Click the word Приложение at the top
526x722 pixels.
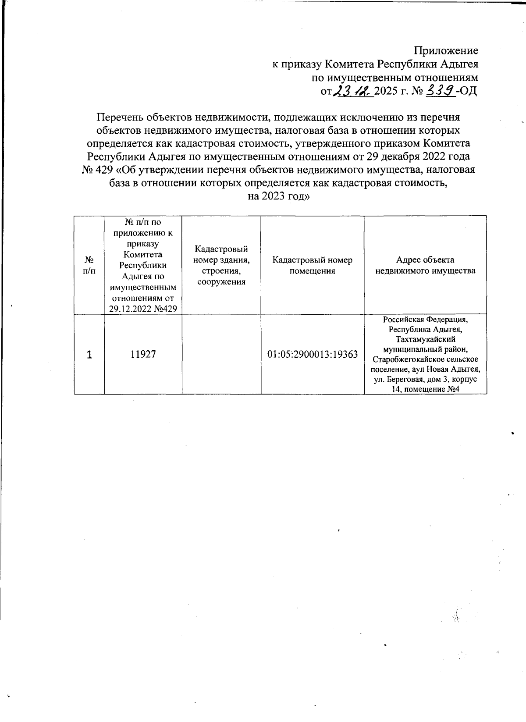[x=446, y=50]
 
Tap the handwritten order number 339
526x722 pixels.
[x=441, y=91]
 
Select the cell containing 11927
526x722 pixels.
[x=143, y=354]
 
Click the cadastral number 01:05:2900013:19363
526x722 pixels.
[x=313, y=354]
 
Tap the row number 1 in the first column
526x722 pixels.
[x=89, y=354]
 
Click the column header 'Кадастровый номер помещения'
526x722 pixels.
[x=312, y=265]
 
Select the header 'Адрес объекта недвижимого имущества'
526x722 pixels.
[x=425, y=265]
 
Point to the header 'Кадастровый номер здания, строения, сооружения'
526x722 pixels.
[x=221, y=265]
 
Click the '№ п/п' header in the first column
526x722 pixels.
[x=89, y=265]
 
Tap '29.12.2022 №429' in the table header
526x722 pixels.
[x=143, y=309]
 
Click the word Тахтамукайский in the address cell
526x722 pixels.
[x=425, y=339]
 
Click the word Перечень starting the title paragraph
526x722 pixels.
[x=120, y=117]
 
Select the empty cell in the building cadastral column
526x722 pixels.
[x=221, y=354]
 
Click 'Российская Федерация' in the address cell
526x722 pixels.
[x=425, y=319]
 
